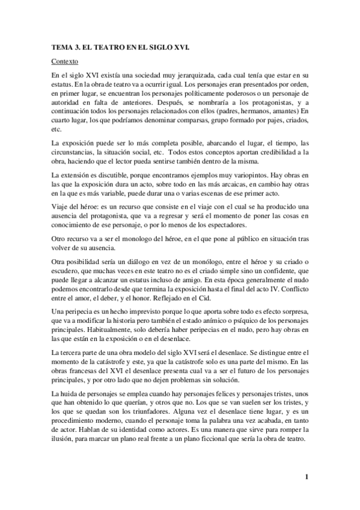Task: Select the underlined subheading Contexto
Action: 64,61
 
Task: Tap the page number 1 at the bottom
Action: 307,478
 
